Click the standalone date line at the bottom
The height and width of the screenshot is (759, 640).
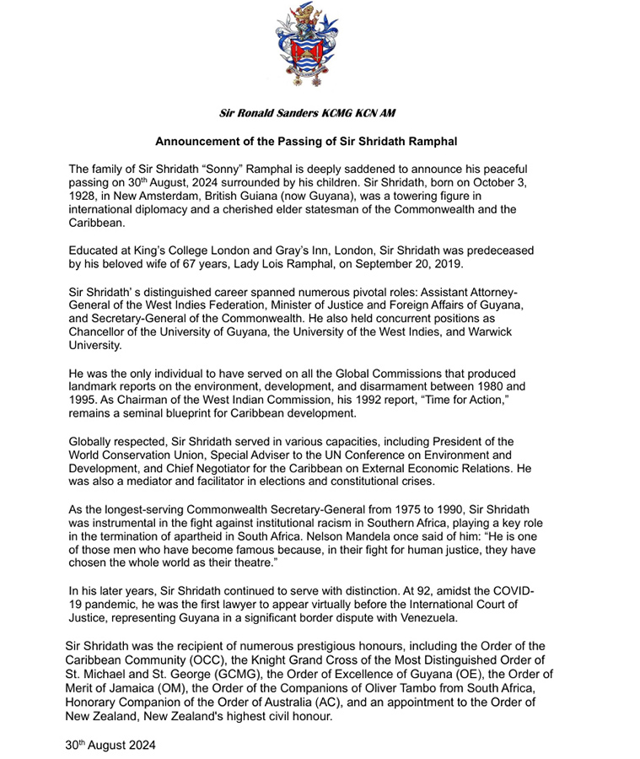pos(110,746)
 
